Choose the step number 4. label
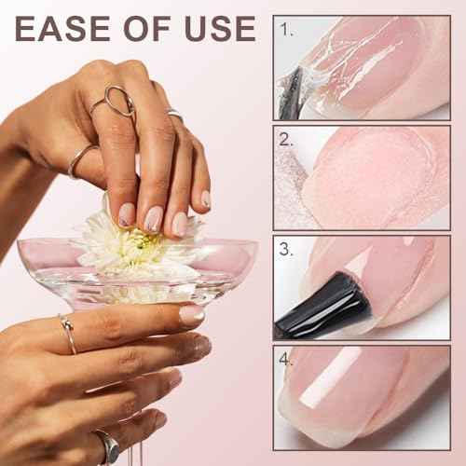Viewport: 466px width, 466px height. pyautogui.click(x=287, y=359)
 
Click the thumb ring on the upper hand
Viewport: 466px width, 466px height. pyautogui.click(x=81, y=160)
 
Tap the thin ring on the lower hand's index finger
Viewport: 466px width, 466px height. pyautogui.click(x=68, y=334)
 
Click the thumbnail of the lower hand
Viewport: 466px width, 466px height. pyautogui.click(x=191, y=315)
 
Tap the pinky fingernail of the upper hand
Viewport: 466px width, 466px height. pyautogui.click(x=205, y=199)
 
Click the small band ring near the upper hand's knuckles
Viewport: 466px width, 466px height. pyautogui.click(x=174, y=114)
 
